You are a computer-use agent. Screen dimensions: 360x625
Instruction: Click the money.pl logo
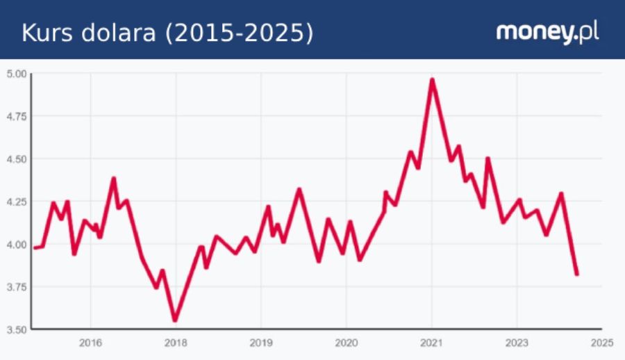click(x=547, y=31)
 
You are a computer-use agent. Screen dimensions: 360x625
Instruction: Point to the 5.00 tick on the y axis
click(x=17, y=73)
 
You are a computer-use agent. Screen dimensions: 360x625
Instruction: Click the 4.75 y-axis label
click(x=17, y=116)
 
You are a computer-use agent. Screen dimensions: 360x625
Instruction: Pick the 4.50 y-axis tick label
click(x=17, y=158)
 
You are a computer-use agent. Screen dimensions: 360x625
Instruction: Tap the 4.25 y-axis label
click(x=17, y=202)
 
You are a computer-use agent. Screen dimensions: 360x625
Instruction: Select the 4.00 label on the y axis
click(x=17, y=244)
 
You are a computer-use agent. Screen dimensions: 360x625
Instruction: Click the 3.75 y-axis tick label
click(x=17, y=286)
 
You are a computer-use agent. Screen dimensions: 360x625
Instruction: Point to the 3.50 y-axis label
click(x=17, y=329)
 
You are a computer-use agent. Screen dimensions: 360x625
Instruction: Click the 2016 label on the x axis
click(x=90, y=343)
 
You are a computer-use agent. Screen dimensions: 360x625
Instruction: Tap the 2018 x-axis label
click(x=176, y=343)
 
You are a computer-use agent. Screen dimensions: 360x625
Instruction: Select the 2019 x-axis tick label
click(x=260, y=343)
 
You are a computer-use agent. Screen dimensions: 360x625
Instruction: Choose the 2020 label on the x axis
click(x=346, y=343)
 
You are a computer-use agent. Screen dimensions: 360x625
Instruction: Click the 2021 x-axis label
click(x=431, y=343)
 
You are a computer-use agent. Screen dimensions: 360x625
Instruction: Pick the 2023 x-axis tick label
click(x=517, y=343)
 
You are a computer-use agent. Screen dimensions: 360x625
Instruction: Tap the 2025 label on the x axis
click(x=601, y=343)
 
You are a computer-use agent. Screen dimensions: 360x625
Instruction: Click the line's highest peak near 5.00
click(x=432, y=80)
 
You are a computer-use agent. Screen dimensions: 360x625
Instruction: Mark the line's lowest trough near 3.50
click(x=175, y=320)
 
